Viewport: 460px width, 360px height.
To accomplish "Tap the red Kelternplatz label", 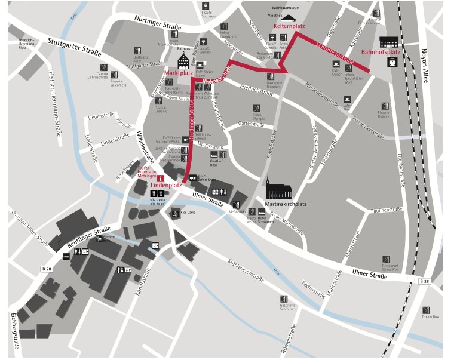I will (290, 27).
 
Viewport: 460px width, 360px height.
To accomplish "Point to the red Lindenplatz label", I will (166, 186).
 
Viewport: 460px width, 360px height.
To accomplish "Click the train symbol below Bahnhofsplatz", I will (393, 62).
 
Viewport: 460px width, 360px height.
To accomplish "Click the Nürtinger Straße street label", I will (158, 22).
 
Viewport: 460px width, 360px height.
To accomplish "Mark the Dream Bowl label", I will (431, 316).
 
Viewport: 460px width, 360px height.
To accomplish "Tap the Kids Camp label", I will (188, 213).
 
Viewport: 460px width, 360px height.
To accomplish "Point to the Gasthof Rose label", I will (217, 162).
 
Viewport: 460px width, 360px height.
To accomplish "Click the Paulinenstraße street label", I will (386, 210).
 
